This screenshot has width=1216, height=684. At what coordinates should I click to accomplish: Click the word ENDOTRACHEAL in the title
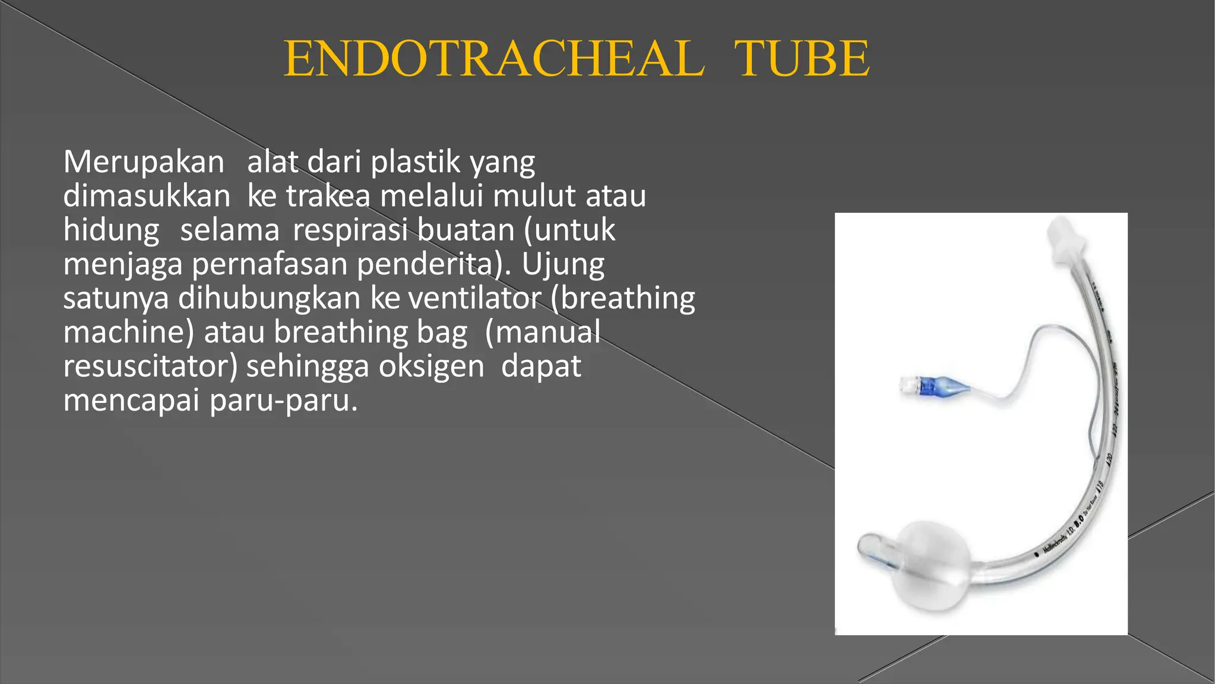pyautogui.click(x=494, y=59)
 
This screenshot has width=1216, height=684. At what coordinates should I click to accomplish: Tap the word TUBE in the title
pyautogui.click(x=802, y=59)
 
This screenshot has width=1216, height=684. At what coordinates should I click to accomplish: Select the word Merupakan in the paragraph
pyautogui.click(x=144, y=162)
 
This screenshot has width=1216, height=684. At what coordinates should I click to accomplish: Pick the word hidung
pyautogui.click(x=111, y=231)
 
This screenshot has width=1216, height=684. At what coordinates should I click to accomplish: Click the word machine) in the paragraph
pyautogui.click(x=128, y=332)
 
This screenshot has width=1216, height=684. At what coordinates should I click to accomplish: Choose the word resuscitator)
pyautogui.click(x=150, y=366)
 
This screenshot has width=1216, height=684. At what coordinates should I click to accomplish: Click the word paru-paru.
pyautogui.click(x=284, y=400)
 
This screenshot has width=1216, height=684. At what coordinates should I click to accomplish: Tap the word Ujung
pyautogui.click(x=563, y=264)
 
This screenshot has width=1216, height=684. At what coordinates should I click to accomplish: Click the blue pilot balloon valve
pyautogui.click(x=934, y=387)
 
